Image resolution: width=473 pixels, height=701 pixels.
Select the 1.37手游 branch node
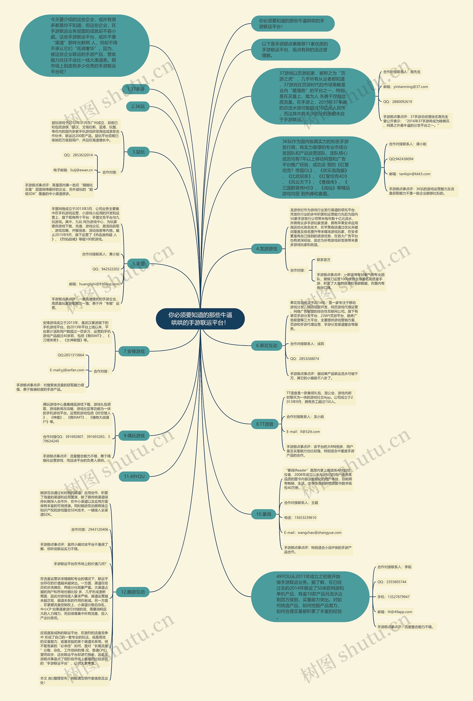pyautogui.click(x=136, y=89)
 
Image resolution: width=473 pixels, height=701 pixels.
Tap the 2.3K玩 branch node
pyautogui.click(x=138, y=106)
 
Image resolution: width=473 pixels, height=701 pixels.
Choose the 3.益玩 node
pyautogui.click(x=138, y=152)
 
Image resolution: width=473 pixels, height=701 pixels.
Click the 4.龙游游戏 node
pyautogui.click(x=266, y=249)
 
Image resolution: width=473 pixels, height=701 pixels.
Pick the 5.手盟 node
pyautogui.click(x=138, y=264)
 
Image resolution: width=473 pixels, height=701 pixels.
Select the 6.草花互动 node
pyautogui.click(x=266, y=345)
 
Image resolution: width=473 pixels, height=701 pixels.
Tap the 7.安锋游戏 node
pyautogui.click(x=134, y=351)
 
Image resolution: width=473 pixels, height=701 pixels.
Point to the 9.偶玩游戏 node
pyautogui.click(x=134, y=436)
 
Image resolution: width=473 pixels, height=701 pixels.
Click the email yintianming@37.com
pyautogui.click(x=405, y=87)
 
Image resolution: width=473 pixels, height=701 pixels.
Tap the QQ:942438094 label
pyautogui.click(x=401, y=159)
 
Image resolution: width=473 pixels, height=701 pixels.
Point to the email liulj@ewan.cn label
pyautogui.click(x=73, y=170)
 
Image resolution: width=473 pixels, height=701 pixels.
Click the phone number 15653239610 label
pyautogui.click(x=300, y=517)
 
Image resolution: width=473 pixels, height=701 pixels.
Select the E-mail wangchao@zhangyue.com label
pyautogui.click(x=312, y=532)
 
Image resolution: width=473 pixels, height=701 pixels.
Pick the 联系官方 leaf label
pyautogui.click(x=323, y=260)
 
